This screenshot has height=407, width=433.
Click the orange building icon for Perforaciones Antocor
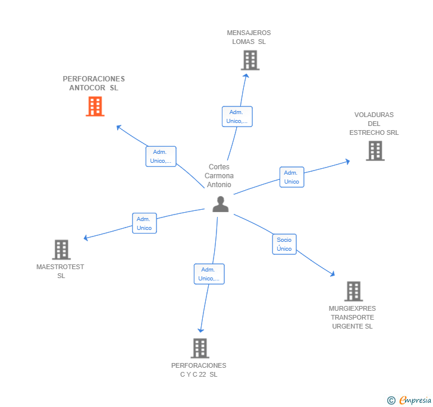(95, 106)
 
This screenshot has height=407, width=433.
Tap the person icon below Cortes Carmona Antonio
(221, 204)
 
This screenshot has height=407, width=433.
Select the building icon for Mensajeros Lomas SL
(250, 60)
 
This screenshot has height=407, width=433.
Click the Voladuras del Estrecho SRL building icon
(375, 151)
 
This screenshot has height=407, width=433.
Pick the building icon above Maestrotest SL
(61, 250)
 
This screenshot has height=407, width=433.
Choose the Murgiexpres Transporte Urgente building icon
(353, 291)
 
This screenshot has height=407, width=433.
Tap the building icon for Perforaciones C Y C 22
(200, 348)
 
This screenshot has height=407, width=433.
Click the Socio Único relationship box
(284, 244)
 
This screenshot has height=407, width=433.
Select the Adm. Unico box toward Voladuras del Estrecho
(291, 177)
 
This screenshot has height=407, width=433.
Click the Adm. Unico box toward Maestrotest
(144, 223)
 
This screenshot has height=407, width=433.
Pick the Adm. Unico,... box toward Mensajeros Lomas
(237, 116)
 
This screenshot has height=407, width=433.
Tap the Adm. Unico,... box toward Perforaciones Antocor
(161, 156)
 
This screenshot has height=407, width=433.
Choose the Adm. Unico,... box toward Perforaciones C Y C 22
(209, 274)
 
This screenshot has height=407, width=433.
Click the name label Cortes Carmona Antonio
(219, 176)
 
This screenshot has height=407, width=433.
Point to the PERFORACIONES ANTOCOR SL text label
(94, 83)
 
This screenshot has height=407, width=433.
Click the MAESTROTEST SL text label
(61, 271)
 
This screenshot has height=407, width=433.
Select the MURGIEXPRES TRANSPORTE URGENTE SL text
(353, 317)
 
